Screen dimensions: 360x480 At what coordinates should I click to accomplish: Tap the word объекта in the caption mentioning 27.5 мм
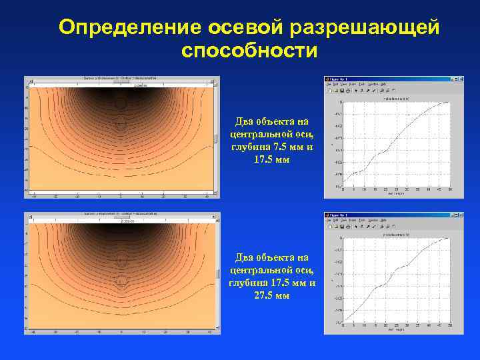(271, 257)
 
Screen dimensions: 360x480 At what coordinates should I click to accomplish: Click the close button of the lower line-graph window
(459, 215)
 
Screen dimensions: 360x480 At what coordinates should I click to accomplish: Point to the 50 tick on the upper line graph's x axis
(451, 189)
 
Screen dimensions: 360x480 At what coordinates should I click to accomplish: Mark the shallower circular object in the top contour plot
(120, 103)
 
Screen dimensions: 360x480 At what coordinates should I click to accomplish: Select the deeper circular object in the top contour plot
(121, 124)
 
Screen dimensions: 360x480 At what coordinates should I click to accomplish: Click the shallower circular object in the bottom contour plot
(121, 261)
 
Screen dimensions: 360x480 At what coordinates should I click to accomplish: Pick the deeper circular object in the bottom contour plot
(121, 281)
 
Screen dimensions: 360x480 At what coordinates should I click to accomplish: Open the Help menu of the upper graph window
(393, 84)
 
